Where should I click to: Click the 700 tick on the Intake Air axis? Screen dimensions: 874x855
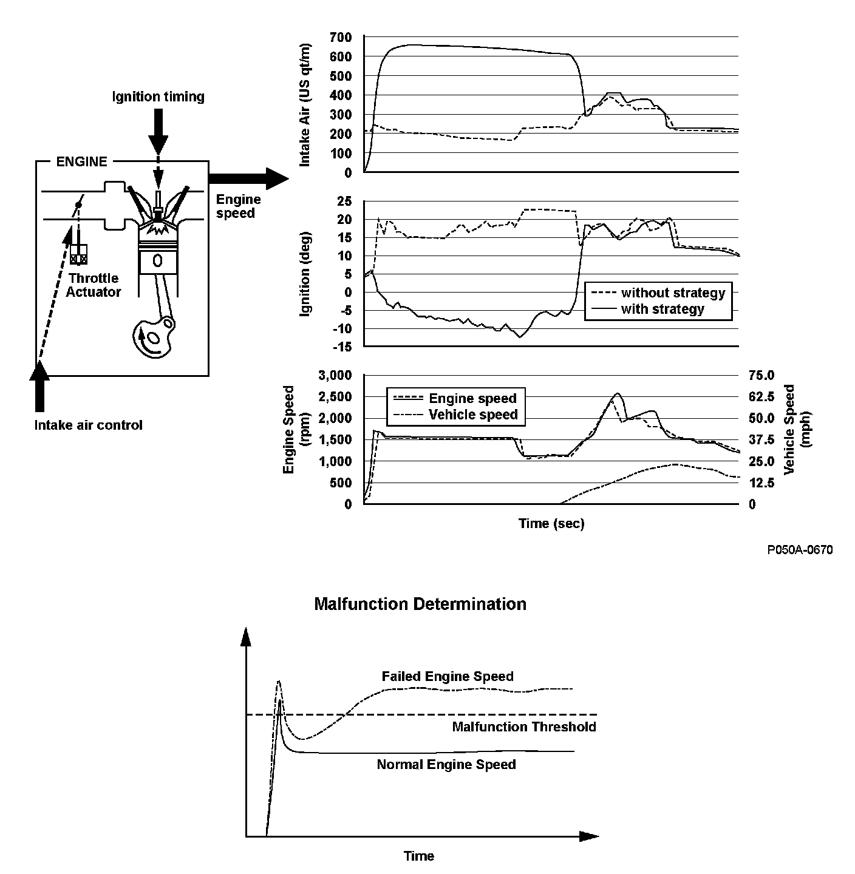[340, 38]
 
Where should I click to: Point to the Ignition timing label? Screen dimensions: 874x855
[158, 97]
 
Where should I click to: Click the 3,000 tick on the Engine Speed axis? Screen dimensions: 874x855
[335, 375]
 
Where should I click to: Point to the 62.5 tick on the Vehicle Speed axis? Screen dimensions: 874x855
[761, 397]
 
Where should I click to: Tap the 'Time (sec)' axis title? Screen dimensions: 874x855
[551, 523]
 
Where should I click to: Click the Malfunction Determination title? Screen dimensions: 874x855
[420, 604]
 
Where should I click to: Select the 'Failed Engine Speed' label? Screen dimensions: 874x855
[448, 676]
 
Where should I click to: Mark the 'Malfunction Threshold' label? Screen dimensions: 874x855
[524, 727]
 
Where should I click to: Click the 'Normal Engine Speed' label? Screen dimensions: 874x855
[446, 764]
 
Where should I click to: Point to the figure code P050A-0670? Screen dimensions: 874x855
[799, 550]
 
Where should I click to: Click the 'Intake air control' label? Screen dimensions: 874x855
[88, 425]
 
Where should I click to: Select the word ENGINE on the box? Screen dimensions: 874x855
[81, 161]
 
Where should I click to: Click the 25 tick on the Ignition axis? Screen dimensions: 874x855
[344, 201]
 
